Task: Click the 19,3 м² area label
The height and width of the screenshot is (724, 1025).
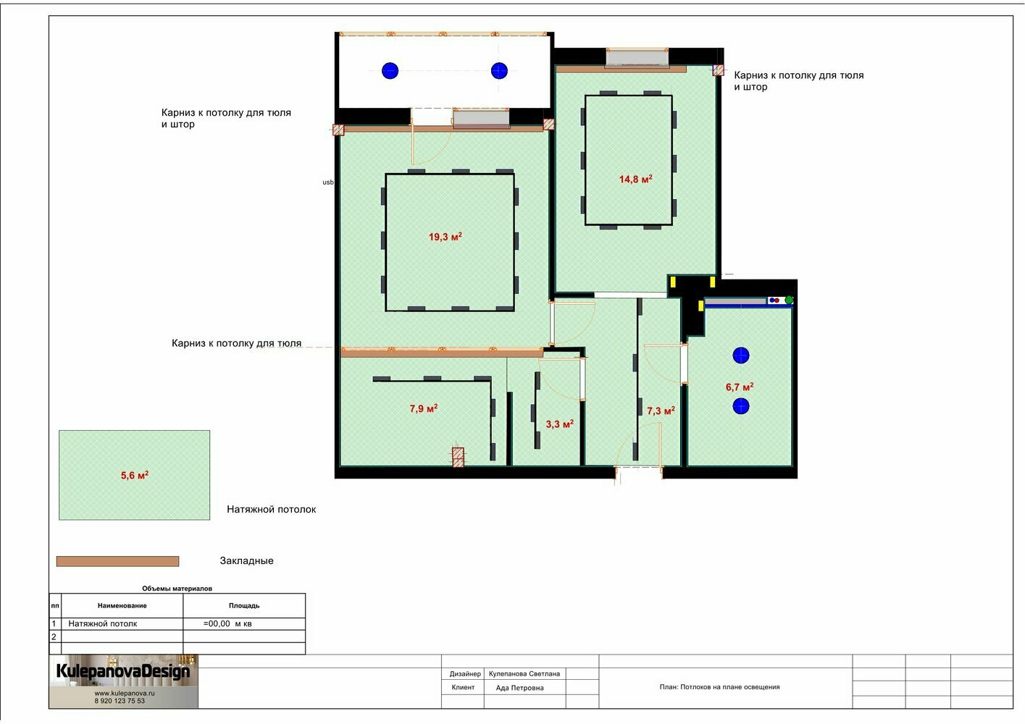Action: click(445, 237)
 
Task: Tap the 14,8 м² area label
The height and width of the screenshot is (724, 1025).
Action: click(635, 179)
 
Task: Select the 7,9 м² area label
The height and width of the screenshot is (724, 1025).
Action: click(423, 408)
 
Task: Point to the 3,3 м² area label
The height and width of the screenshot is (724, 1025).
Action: click(560, 424)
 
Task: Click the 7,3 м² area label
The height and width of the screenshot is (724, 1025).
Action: click(661, 411)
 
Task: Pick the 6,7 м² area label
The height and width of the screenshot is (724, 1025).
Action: click(740, 387)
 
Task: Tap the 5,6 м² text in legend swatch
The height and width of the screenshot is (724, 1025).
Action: click(135, 475)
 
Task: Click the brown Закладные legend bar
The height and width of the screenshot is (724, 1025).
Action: click(117, 561)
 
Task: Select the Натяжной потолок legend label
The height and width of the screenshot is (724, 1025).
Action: click(272, 509)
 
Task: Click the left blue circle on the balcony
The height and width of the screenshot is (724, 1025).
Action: click(390, 71)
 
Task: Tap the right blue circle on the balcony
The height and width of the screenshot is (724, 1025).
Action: click(499, 71)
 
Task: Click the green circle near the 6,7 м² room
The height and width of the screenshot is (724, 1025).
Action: click(789, 300)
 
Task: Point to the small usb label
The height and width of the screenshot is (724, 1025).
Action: click(328, 182)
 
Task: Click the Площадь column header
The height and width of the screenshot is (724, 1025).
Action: click(244, 605)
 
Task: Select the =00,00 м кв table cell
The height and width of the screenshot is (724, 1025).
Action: click(227, 623)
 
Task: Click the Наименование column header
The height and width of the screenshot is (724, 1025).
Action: click(122, 605)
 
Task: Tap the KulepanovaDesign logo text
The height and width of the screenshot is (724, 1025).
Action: click(123, 671)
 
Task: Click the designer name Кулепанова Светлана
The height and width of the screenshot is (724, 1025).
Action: click(524, 674)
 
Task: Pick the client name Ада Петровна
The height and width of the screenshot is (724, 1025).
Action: click(520, 688)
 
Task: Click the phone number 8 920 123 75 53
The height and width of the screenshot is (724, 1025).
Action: click(120, 701)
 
